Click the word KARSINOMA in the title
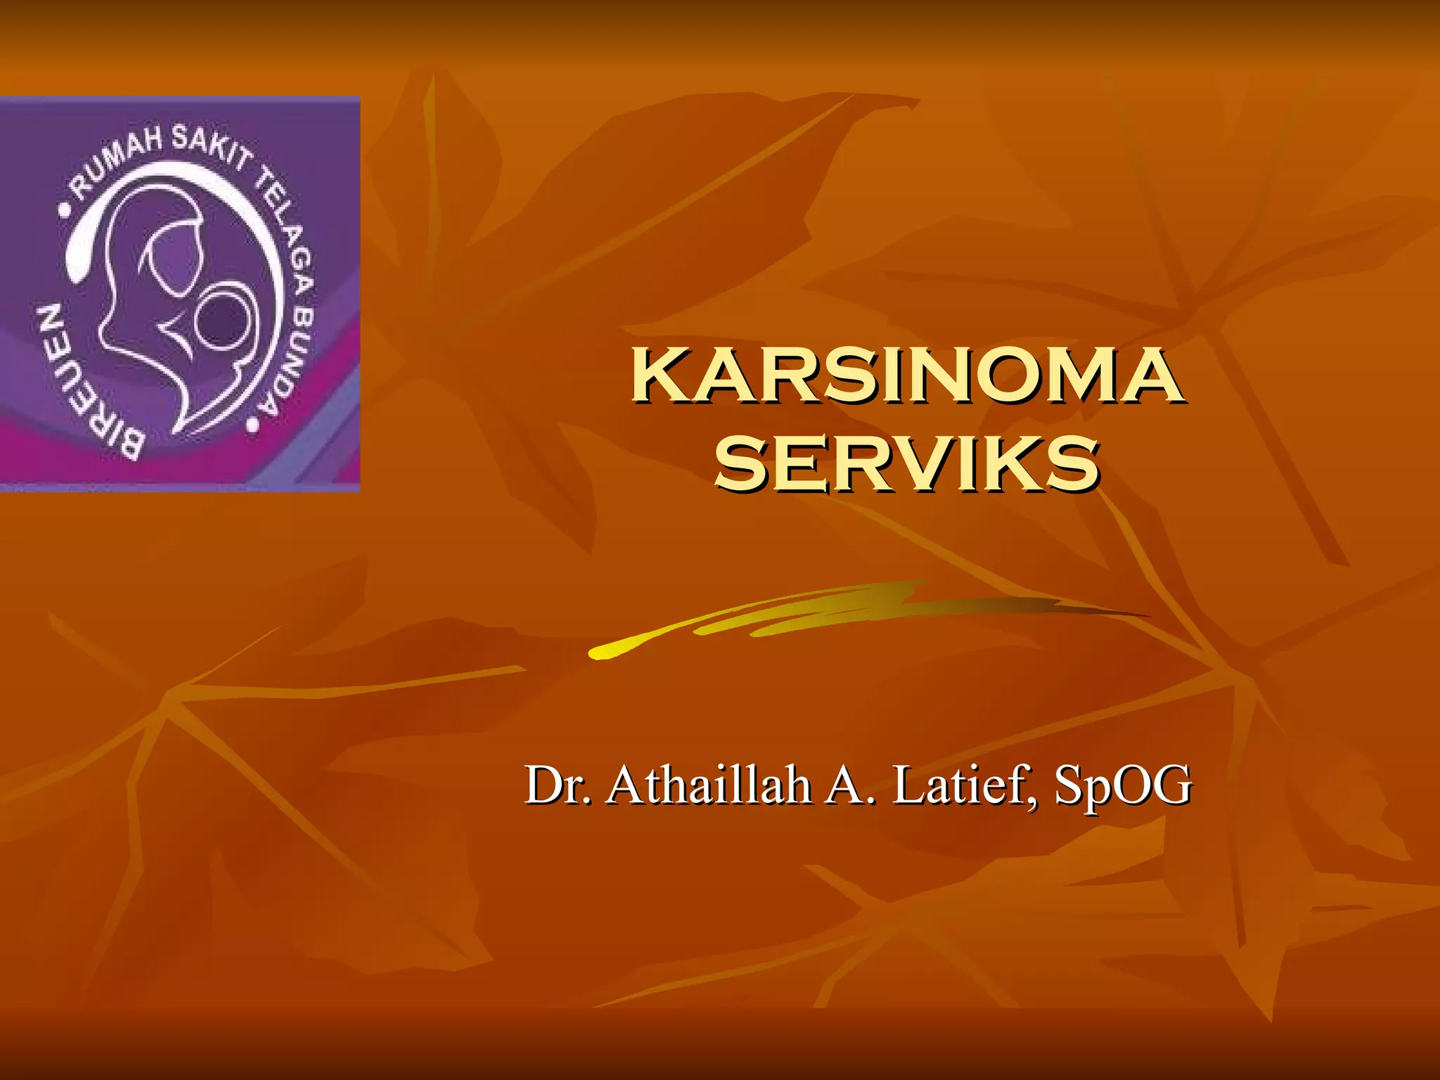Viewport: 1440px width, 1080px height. click(x=907, y=376)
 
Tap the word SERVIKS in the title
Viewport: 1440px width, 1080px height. click(x=907, y=463)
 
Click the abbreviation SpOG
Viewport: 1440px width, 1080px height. click(x=1122, y=785)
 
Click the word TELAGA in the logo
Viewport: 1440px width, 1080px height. click(x=281, y=225)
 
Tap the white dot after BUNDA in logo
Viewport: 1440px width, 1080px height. click(x=252, y=425)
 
